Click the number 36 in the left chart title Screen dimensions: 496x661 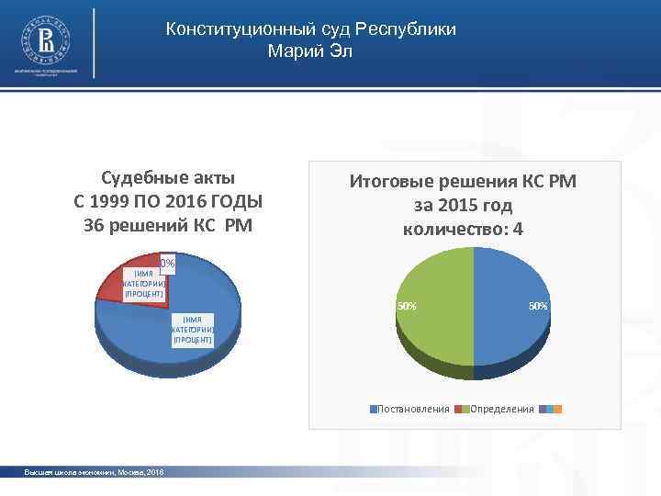94,226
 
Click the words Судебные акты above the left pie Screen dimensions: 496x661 167,176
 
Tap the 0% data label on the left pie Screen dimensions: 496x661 167,265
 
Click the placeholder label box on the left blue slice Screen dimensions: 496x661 192,329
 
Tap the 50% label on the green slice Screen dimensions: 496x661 405,305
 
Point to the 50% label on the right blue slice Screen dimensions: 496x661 537,305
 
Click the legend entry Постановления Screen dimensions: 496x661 413,409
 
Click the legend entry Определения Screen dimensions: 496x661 501,409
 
